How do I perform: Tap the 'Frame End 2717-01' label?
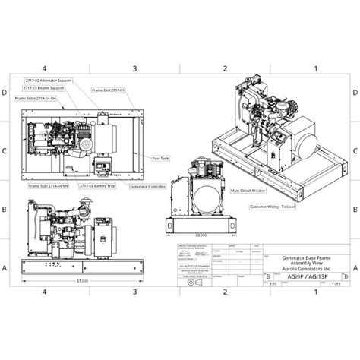tap(109, 90)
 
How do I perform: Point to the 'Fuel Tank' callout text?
tap(161, 158)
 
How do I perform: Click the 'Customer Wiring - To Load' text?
tap(272, 207)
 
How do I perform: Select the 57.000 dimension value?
tap(82, 280)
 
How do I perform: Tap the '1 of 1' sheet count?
tap(337, 283)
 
